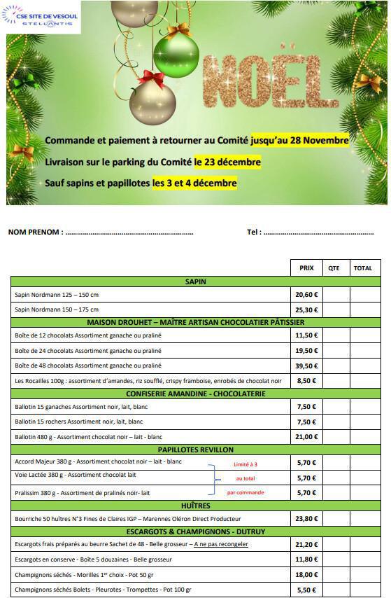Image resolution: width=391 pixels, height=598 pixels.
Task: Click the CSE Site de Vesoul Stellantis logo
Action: pos(42,15)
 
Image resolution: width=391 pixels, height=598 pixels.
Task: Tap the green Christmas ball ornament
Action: pos(176,55)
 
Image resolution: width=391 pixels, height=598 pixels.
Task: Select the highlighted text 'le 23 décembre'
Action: pos(227,162)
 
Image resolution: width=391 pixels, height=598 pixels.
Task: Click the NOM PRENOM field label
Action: pos(35,232)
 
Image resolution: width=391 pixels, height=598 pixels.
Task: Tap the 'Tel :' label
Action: pos(254,232)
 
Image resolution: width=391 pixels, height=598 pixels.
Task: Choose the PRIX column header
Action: pos(306,268)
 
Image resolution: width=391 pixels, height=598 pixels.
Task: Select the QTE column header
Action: pos(334,268)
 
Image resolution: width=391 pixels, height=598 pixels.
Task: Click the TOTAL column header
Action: pos(363,268)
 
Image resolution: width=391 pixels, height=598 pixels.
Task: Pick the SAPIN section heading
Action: pos(195,281)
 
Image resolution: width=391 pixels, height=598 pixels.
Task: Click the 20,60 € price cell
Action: pos(306,295)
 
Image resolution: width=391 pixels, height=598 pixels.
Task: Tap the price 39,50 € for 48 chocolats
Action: pos(306,366)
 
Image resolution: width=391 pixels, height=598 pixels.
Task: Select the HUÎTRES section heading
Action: pos(195,505)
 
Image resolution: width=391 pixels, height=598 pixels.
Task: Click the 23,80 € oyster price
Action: pos(306,519)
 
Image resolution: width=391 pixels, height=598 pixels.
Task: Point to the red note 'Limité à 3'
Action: pos(246,464)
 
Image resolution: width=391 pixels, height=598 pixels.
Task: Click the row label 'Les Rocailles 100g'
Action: pos(42,380)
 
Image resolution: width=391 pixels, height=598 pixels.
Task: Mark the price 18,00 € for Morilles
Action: pos(306,574)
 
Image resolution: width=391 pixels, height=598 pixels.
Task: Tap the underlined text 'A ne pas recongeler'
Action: pos(221,544)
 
